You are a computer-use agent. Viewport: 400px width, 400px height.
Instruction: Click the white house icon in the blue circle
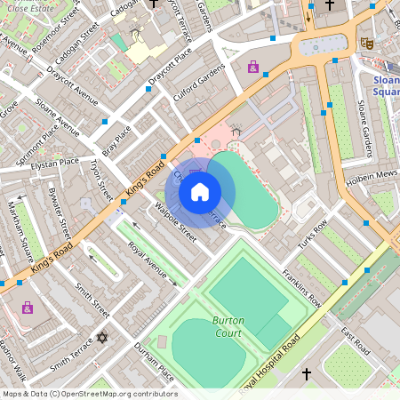[200, 192]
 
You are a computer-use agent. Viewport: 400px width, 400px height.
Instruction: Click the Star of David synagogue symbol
[100, 338]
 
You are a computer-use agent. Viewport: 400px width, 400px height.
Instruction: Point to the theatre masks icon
[366, 42]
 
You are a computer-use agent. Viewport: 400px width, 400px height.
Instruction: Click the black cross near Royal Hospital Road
[307, 373]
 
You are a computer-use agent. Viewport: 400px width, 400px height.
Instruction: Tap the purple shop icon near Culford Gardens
[253, 67]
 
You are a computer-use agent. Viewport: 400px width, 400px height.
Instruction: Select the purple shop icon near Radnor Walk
[28, 308]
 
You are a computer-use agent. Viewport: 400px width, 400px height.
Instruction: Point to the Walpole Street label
[175, 221]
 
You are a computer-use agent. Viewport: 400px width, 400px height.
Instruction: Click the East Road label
[355, 341]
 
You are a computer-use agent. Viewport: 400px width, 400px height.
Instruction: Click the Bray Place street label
[116, 140]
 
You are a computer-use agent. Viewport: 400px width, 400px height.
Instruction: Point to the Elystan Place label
[54, 163]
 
